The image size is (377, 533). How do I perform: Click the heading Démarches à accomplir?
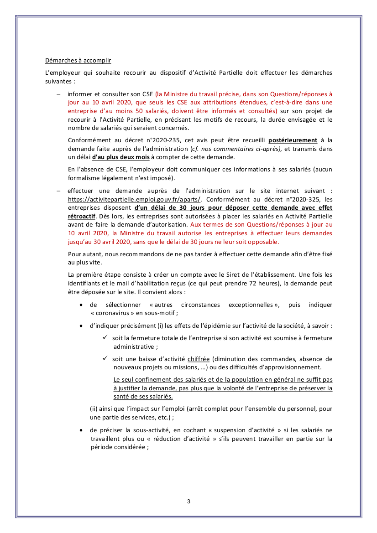click(78, 61)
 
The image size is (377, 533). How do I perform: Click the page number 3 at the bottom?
click(188, 502)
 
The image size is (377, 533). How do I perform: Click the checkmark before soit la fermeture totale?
click(105, 338)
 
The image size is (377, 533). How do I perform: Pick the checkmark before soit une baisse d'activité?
click(105, 359)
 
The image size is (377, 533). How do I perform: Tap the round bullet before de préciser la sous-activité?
click(81, 430)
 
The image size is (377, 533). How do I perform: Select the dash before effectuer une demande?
click(58, 190)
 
